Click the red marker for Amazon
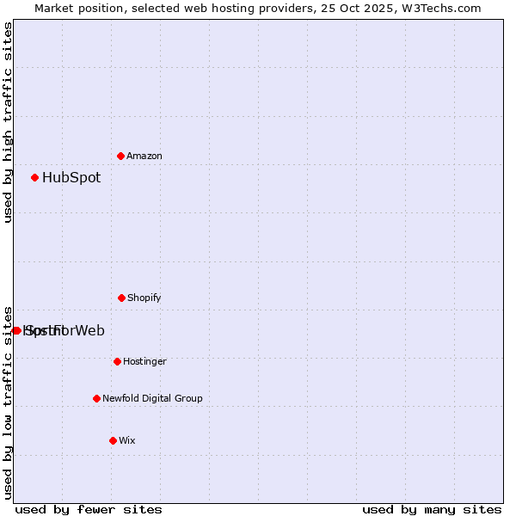(x=121, y=156)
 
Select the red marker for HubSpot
(x=35, y=178)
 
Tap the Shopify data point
(x=122, y=298)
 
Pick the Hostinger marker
(x=118, y=361)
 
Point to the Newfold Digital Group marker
(x=97, y=398)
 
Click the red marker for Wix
(x=114, y=440)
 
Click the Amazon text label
(x=144, y=156)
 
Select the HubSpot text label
(x=71, y=178)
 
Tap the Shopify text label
(x=144, y=298)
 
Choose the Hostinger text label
(x=144, y=361)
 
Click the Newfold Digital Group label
(x=152, y=398)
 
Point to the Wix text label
(x=127, y=440)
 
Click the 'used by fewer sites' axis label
(x=89, y=509)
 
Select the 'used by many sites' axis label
(x=432, y=509)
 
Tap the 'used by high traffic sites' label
(x=9, y=122)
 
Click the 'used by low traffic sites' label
(x=9, y=402)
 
